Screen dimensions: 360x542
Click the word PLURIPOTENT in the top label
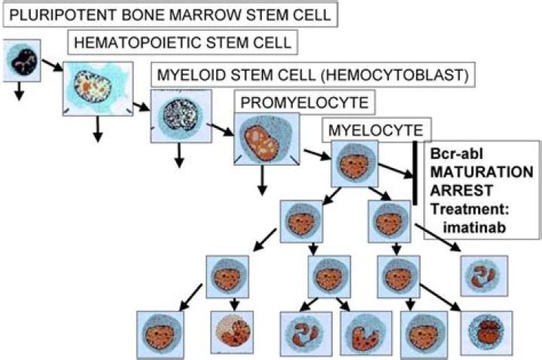(52, 13)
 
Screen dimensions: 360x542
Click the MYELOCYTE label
(377, 129)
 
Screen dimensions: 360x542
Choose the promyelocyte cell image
(263, 139)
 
